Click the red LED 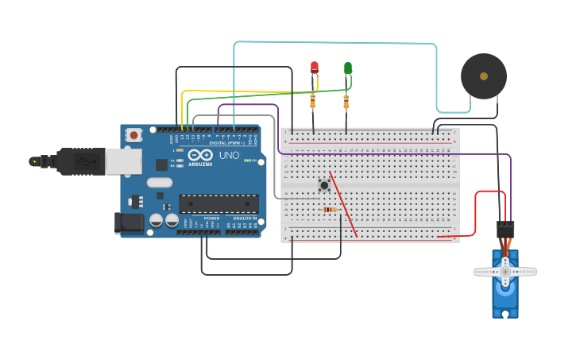point(315,68)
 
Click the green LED point(348,68)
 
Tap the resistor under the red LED point(313,101)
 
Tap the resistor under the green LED point(346,102)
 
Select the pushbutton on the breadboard point(324,185)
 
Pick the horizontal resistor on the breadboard point(329,210)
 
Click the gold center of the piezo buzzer point(484,76)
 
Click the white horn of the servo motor point(505,272)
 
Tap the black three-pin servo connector point(505,229)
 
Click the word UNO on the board point(229,155)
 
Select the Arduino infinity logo point(200,155)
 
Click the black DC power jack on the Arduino point(129,223)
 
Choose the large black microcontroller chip point(218,203)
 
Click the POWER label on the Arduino point(211,218)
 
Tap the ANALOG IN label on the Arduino point(245,218)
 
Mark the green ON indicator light point(247,161)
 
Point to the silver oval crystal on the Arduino point(159,182)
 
